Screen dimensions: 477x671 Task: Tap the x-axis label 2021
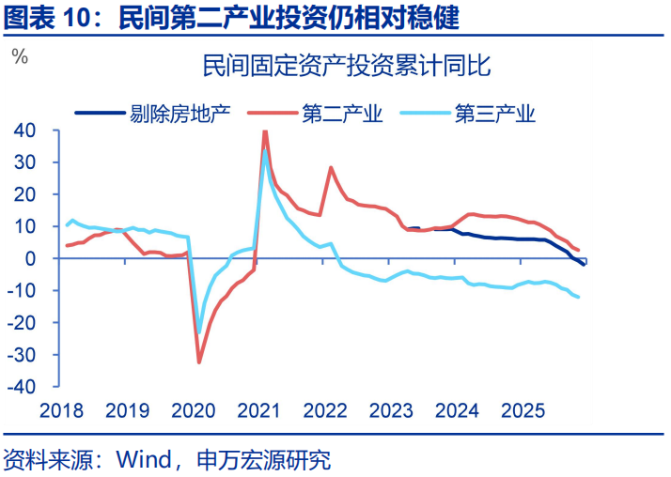(259, 411)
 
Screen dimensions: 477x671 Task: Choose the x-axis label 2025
(523, 411)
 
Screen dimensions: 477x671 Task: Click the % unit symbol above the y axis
(20, 56)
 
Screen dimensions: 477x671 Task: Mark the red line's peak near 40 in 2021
(265, 131)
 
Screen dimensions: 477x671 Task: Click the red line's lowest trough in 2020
(199, 362)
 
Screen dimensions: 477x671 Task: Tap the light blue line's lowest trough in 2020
(199, 331)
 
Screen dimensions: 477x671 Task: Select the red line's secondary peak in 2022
(331, 167)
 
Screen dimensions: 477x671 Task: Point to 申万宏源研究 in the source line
(264, 461)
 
